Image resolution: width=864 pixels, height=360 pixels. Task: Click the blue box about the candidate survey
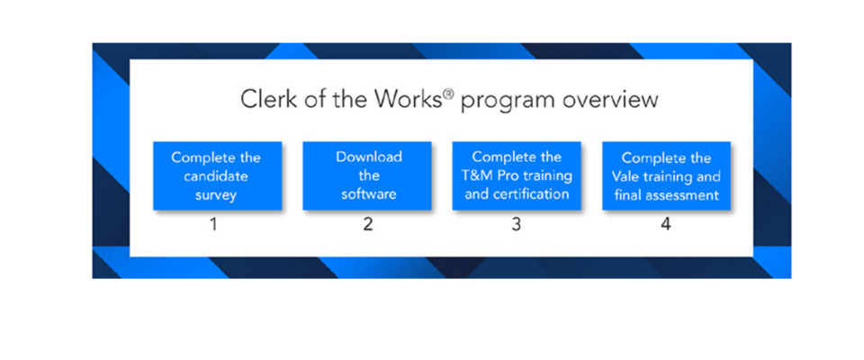tap(218, 175)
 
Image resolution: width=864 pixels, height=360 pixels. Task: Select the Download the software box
tap(367, 175)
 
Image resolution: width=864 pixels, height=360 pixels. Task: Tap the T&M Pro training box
tap(517, 175)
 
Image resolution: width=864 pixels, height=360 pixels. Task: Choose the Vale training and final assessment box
tap(666, 175)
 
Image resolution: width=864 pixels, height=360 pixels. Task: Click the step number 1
tap(213, 225)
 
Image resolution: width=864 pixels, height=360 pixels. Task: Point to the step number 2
tap(367, 225)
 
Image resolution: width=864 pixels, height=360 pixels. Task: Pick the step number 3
tap(516, 225)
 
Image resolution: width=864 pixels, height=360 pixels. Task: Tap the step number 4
tap(666, 225)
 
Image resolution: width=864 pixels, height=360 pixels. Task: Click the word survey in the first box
tap(215, 195)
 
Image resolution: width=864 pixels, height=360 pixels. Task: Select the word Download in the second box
tap(369, 157)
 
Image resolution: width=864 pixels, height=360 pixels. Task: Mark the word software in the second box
tap(369, 194)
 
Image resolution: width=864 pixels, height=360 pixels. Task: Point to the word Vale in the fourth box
tap(625, 177)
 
